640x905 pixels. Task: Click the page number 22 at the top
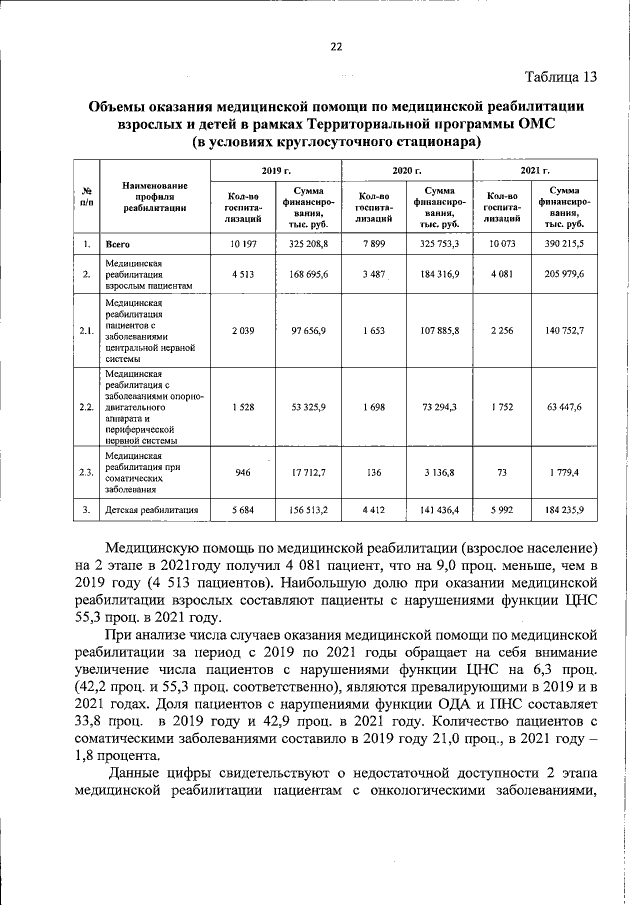[x=336, y=46]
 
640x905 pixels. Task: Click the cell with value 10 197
[x=243, y=243]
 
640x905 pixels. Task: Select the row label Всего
[x=119, y=244]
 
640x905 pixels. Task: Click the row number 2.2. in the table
[x=87, y=407]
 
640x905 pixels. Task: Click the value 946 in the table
[x=243, y=473]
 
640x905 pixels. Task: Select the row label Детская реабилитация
[x=151, y=510]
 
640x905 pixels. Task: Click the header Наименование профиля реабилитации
[x=155, y=196]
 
